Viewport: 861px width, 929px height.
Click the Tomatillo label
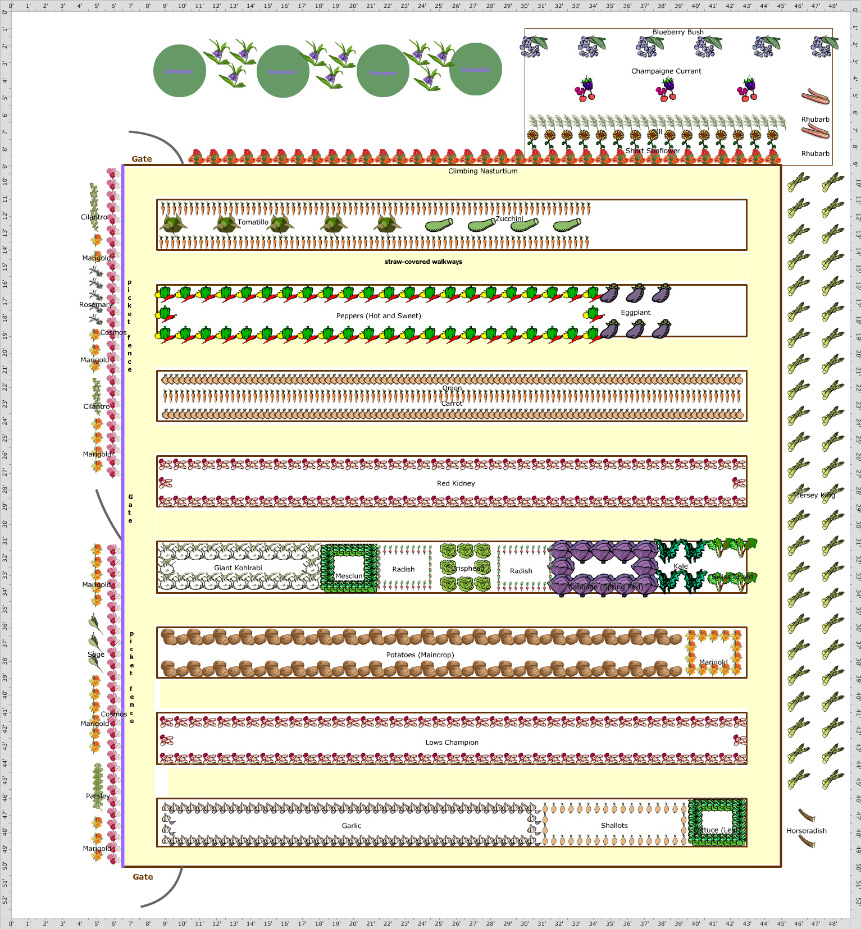point(253,222)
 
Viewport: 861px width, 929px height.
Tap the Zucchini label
point(509,219)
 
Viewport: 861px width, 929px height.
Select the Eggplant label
point(635,313)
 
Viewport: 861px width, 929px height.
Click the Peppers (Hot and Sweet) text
point(379,316)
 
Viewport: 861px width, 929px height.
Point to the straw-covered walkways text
point(423,262)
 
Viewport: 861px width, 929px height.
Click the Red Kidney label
point(455,483)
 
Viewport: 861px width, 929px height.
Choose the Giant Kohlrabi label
point(238,568)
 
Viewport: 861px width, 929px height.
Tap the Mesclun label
point(349,576)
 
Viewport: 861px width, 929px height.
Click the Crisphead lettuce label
point(467,569)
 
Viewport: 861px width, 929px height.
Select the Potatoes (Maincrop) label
point(420,655)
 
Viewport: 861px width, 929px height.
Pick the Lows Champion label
point(452,743)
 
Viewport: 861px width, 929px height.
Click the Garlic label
point(352,826)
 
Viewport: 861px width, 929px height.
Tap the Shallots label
point(614,826)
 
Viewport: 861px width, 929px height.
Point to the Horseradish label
point(807,831)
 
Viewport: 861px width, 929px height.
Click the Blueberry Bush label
point(678,32)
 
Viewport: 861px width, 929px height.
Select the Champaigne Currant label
point(666,71)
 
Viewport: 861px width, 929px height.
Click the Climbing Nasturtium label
point(482,171)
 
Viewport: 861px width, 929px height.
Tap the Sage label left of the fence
point(96,655)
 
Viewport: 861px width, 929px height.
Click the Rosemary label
point(95,305)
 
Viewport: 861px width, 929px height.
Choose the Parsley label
point(98,796)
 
